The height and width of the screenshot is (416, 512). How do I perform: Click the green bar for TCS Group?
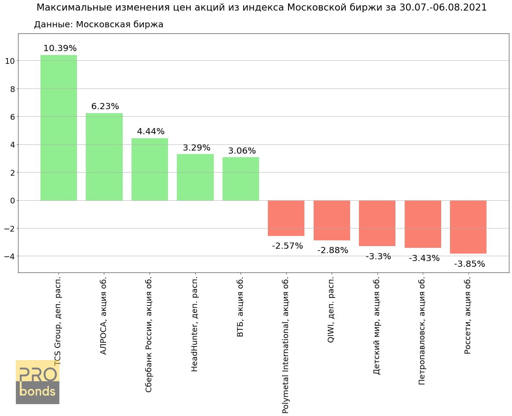click(x=59, y=128)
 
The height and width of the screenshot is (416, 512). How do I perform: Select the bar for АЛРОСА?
click(x=104, y=157)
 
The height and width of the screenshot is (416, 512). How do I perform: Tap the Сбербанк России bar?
click(x=150, y=169)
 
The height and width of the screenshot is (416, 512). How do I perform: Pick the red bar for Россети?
click(x=468, y=227)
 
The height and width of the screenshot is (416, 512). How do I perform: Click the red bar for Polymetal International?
click(x=286, y=218)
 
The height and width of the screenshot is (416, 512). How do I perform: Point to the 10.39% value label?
click(x=60, y=48)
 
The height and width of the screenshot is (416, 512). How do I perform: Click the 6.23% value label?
click(x=105, y=107)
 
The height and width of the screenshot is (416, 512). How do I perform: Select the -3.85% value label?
click(x=469, y=264)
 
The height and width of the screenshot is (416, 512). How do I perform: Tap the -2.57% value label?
click(x=287, y=246)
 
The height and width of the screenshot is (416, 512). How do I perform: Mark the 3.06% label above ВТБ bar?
click(x=242, y=151)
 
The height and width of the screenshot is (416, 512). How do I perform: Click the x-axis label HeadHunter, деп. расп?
click(x=195, y=324)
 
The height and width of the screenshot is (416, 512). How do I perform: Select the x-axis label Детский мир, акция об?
click(x=377, y=326)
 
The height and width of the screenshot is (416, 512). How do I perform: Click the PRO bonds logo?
click(x=37, y=382)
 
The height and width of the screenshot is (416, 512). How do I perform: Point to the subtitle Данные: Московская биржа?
click(x=99, y=25)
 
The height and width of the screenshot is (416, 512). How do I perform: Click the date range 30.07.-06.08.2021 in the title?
click(x=443, y=7)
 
